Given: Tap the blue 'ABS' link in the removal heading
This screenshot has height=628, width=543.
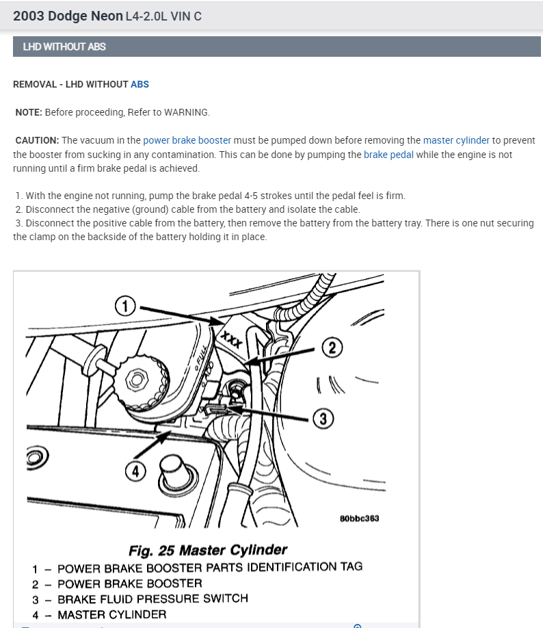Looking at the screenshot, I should point(140,84).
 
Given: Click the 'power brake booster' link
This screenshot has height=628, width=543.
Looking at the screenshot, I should point(187,140).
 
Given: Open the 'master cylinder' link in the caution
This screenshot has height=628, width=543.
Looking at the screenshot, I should point(456,140).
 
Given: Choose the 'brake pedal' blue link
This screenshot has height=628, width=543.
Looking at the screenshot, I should point(388,155).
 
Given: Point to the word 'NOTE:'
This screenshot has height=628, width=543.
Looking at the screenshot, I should point(29,112).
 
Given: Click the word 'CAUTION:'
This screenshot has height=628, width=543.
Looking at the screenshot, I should point(37,140).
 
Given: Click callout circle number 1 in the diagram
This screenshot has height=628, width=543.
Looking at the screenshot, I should point(124,306).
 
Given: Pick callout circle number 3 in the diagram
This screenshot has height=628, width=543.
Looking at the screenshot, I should point(323,418).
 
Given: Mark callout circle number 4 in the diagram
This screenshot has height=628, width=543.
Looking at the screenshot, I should point(135,470).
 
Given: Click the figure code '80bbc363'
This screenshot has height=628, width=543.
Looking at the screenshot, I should point(359,518).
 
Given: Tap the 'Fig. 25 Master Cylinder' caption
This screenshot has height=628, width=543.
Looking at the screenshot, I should point(208,550).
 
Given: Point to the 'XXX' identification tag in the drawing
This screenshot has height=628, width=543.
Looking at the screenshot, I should point(232,338).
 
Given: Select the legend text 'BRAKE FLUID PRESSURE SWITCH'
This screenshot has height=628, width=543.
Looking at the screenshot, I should point(153,599).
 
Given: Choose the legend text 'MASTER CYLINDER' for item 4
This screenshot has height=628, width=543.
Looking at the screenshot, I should point(111,614).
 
